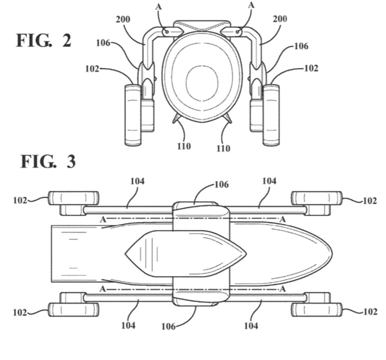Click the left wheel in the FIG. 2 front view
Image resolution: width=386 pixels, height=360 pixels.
(133, 115)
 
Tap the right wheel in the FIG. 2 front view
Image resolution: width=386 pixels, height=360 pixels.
(271, 115)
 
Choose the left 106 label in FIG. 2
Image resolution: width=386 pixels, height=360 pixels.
(103, 43)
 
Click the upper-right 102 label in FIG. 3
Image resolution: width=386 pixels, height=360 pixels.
(369, 200)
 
